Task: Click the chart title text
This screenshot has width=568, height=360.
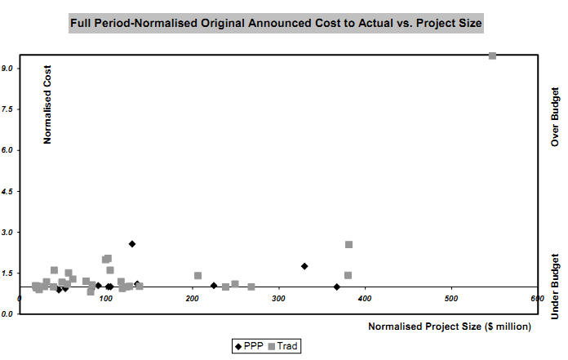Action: tap(277, 24)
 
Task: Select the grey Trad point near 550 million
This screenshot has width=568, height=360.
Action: tap(492, 55)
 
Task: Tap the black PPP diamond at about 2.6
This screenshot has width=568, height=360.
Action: tap(132, 244)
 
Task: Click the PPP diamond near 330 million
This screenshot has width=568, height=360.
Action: tap(304, 266)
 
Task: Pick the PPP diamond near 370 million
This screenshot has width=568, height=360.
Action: tap(337, 287)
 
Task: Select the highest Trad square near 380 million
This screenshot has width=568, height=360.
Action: tap(349, 245)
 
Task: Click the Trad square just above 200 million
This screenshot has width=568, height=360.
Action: tap(197, 276)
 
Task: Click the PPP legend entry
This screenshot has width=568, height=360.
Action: tap(252, 346)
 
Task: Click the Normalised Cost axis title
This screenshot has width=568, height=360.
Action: tap(47, 104)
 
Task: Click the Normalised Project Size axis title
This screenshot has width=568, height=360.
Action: tap(450, 327)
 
